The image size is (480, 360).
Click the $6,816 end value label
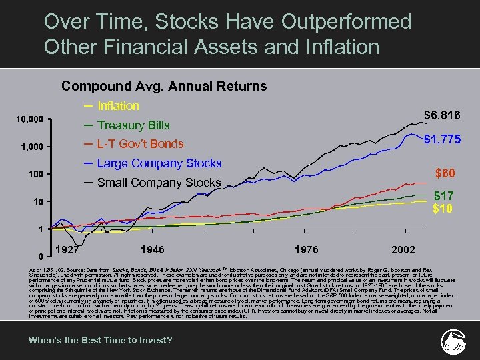click(x=442, y=116)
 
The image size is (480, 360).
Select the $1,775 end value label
click(x=442, y=139)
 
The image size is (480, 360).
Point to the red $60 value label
click(x=446, y=173)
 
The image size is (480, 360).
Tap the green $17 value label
click(x=445, y=196)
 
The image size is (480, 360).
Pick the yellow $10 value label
click(x=443, y=209)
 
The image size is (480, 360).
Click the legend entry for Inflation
click(x=118, y=106)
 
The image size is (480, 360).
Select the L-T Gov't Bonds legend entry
click(x=140, y=144)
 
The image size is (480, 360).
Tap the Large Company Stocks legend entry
click(x=159, y=163)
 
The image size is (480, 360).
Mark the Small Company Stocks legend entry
click(x=159, y=183)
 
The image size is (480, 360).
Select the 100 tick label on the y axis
click(x=35, y=174)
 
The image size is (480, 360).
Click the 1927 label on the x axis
click(x=69, y=249)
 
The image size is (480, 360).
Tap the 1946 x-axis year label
click(x=153, y=249)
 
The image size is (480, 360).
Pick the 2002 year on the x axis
click(x=403, y=249)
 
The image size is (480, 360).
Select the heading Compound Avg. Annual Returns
click(x=164, y=86)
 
